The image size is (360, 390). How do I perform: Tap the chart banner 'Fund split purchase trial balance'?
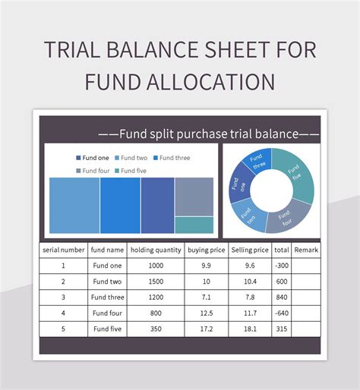(x=208, y=134)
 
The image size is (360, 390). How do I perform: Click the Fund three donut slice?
(x=258, y=162)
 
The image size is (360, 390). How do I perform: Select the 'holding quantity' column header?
(x=156, y=250)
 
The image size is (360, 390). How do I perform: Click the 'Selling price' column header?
(x=250, y=250)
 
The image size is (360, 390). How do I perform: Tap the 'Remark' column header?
(x=306, y=250)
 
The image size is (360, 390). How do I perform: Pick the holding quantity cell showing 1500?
(x=156, y=281)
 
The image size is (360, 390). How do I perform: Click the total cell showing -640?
(x=282, y=313)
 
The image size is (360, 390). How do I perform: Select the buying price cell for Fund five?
(x=207, y=329)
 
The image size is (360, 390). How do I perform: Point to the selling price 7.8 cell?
(x=250, y=297)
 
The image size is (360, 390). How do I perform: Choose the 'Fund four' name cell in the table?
(x=107, y=313)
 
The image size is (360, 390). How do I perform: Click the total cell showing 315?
(x=282, y=329)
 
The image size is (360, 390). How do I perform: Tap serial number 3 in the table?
(x=63, y=297)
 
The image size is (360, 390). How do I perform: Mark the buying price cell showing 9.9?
(x=207, y=266)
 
